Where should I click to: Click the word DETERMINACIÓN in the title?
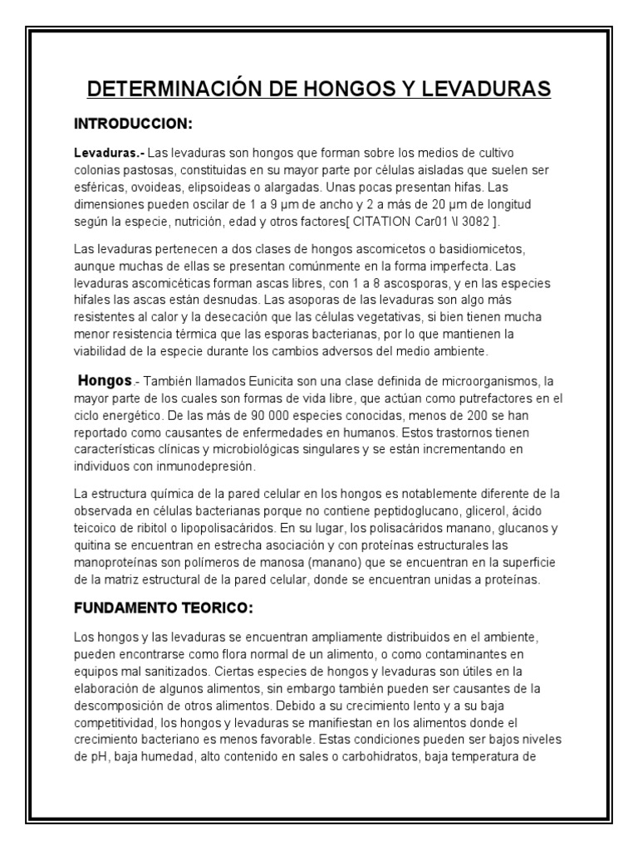(x=183, y=88)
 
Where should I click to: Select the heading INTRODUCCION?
(x=134, y=125)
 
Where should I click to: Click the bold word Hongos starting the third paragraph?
(x=105, y=381)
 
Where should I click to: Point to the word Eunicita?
(x=255, y=382)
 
